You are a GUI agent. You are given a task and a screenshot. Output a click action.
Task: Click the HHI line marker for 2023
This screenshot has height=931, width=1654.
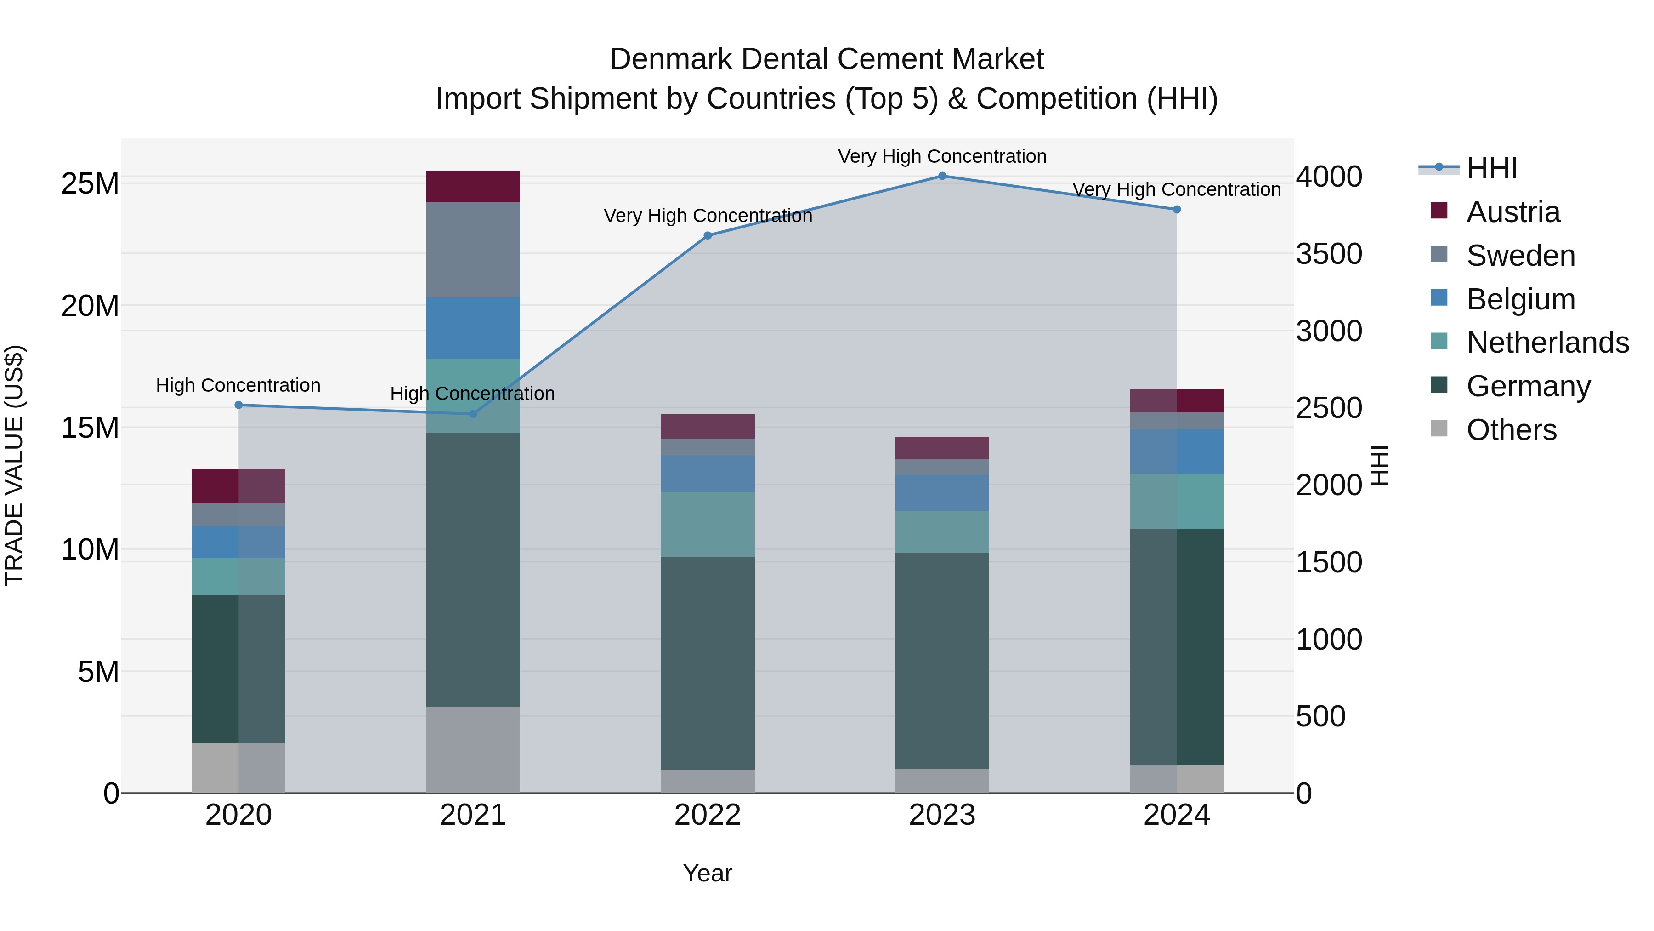942,176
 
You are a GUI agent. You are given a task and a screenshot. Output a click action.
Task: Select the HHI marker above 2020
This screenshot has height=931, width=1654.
238,405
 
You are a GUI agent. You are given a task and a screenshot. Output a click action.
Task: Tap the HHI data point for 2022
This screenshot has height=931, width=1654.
708,236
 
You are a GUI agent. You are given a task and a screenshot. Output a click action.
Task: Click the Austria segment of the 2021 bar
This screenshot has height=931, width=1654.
473,186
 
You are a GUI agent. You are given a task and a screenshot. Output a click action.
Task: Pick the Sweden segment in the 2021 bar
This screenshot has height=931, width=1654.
473,249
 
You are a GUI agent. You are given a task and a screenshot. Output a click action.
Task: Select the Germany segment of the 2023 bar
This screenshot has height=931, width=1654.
942,661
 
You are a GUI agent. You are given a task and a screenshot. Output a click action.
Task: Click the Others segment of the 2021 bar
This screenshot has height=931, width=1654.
473,749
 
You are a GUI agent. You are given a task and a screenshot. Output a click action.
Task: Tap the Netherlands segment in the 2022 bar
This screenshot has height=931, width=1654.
708,524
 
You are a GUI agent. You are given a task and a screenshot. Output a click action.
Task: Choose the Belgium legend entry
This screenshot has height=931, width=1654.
1520,299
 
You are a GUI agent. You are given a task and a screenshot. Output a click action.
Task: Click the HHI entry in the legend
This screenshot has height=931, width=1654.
1491,168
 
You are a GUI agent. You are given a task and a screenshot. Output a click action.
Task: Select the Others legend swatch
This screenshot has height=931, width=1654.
1439,428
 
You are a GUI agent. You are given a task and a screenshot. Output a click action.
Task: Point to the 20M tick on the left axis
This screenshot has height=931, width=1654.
90,306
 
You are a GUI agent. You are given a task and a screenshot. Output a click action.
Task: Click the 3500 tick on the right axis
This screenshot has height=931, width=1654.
1328,254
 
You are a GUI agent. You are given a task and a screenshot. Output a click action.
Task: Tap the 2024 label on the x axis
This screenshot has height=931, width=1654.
1176,815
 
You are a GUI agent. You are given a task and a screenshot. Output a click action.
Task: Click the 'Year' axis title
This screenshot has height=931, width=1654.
707,873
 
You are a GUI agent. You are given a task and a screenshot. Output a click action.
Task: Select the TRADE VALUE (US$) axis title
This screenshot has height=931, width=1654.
15,465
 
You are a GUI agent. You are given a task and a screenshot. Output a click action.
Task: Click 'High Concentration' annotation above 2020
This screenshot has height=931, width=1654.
238,386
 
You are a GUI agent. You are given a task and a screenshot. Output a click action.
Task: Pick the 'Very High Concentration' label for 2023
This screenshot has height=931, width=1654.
942,156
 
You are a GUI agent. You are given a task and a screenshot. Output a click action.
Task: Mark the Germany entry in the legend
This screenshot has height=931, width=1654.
1528,386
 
